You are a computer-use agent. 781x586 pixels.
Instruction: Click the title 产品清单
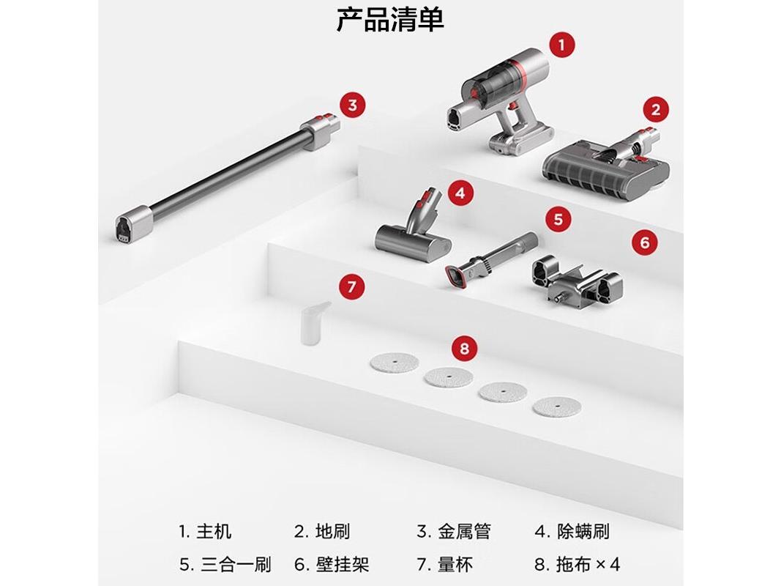[x=390, y=20]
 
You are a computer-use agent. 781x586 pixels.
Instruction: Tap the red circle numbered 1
[x=562, y=45]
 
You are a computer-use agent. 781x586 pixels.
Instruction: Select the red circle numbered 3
[x=353, y=105]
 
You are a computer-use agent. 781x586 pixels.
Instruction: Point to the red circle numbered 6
[x=645, y=242]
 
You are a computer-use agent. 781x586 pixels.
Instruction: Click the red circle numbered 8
[x=464, y=348]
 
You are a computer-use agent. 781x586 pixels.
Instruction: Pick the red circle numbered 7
[x=351, y=286]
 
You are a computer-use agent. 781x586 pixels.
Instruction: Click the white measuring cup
[x=314, y=322]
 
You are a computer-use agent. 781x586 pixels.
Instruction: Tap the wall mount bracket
[x=576, y=280]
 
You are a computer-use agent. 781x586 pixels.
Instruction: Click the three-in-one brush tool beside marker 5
[x=490, y=259]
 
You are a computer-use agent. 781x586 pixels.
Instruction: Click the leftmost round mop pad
[x=394, y=363]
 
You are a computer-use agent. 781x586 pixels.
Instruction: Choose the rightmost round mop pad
[x=557, y=407]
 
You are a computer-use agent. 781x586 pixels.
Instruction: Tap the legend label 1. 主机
[x=205, y=531]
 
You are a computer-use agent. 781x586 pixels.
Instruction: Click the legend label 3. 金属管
[x=454, y=531]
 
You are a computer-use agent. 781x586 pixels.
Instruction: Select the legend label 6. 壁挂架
[x=332, y=564]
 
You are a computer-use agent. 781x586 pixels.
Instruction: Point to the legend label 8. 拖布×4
[x=578, y=564]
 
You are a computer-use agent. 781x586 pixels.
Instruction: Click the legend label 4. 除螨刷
[x=572, y=531]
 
